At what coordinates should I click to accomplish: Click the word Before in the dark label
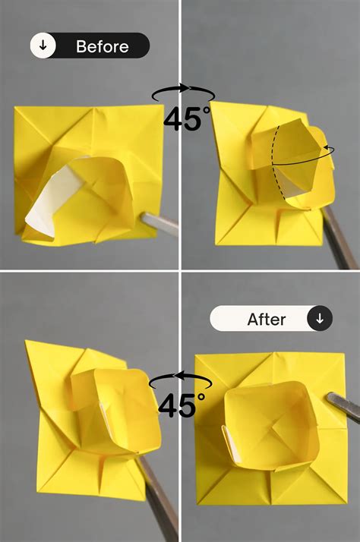103,46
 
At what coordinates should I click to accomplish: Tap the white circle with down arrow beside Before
43,46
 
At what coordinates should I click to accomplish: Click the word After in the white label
266,320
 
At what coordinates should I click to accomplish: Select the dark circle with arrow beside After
319,319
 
